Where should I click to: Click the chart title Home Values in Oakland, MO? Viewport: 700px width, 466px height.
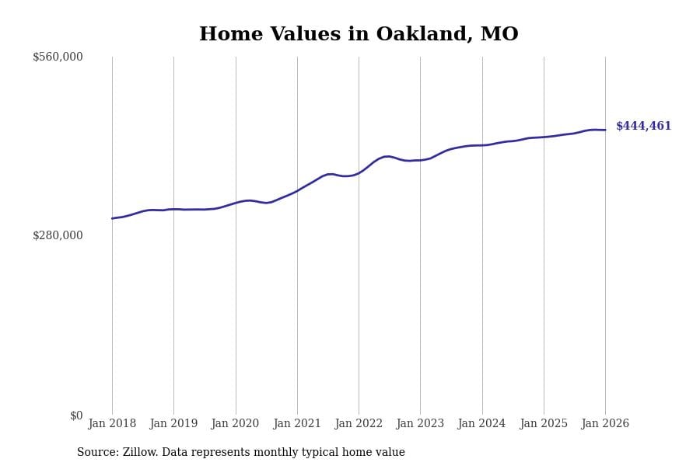click(359, 35)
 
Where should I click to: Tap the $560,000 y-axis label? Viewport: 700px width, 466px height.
click(58, 57)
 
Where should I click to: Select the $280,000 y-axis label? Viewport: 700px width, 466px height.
click(58, 235)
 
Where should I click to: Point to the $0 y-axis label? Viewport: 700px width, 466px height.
click(76, 416)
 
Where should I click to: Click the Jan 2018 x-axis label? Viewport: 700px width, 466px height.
click(112, 423)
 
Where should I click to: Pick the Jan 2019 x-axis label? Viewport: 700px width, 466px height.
click(173, 423)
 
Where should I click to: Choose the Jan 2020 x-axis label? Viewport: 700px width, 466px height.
click(235, 423)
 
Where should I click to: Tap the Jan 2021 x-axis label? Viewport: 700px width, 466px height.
click(297, 423)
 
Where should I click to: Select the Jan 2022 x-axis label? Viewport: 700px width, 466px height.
click(359, 423)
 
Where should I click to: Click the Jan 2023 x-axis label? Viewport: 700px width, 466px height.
click(420, 423)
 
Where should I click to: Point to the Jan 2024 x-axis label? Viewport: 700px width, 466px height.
click(481, 423)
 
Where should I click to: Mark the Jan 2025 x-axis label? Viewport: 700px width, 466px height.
click(544, 423)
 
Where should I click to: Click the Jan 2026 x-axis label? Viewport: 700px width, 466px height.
click(605, 423)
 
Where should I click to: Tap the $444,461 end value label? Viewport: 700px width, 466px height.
click(643, 126)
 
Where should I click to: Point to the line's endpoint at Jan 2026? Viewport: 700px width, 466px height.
click(605, 130)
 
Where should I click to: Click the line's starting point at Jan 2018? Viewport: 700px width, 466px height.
click(112, 218)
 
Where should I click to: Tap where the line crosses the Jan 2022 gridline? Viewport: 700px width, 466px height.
click(359, 172)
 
